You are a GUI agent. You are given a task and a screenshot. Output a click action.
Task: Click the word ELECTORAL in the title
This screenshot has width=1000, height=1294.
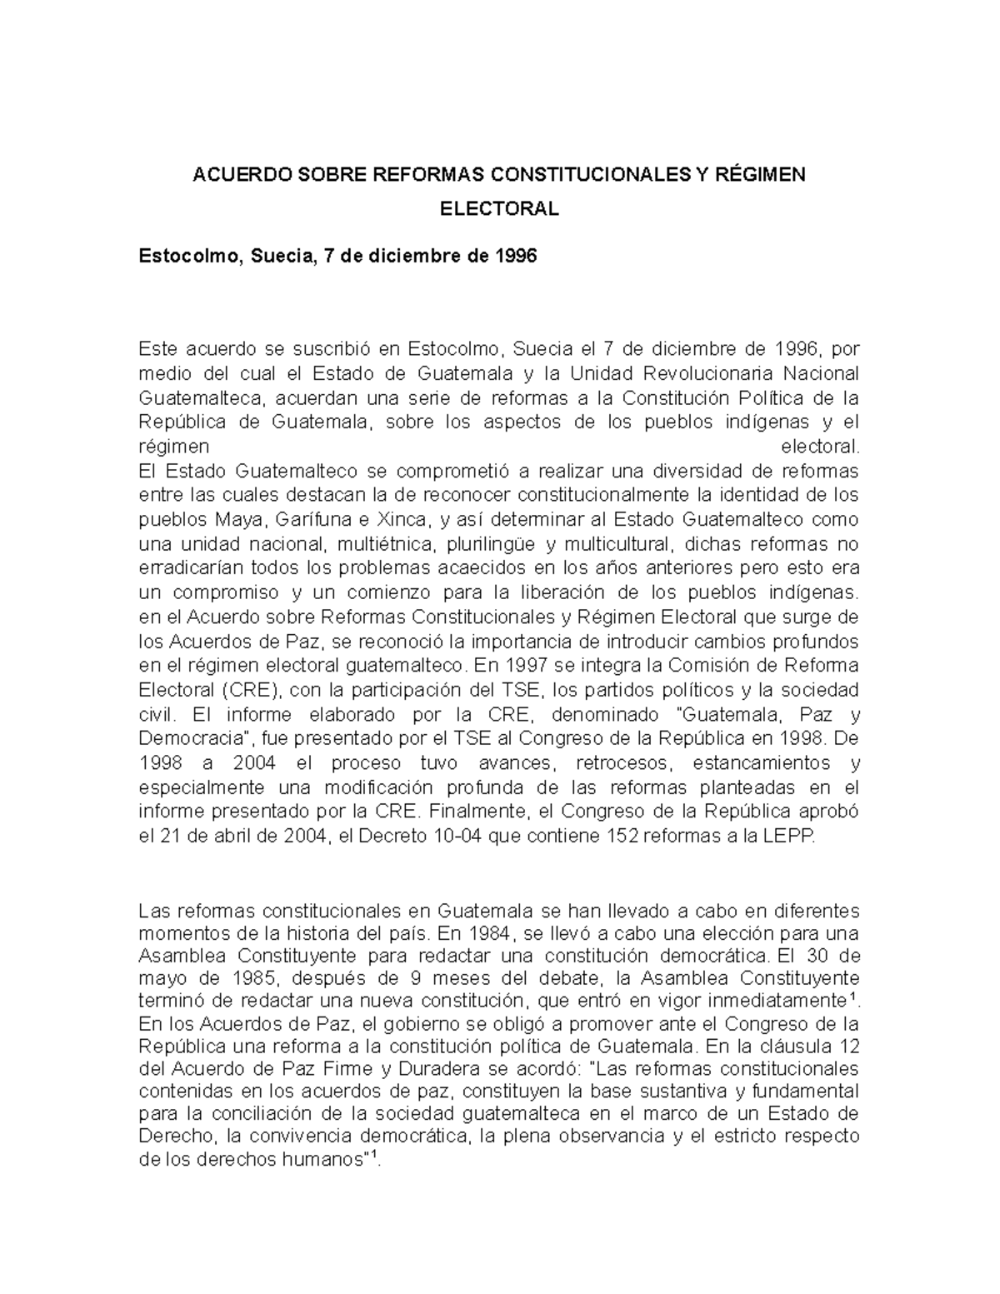coord(499,209)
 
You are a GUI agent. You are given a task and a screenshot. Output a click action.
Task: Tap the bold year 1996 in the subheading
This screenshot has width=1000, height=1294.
coord(516,256)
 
